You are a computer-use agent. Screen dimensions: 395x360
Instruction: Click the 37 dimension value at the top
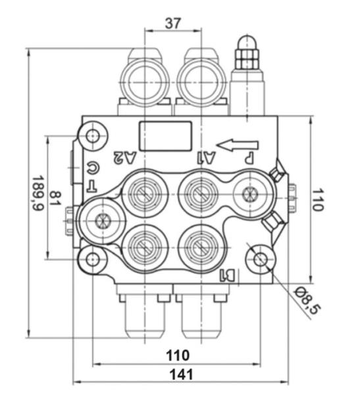[172, 22]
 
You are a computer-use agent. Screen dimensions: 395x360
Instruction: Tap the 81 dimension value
[55, 197]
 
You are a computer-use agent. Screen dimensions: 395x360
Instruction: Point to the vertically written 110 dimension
[318, 198]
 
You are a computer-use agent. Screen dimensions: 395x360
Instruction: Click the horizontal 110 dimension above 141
[177, 355]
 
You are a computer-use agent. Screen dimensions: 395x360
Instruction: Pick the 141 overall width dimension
[180, 375]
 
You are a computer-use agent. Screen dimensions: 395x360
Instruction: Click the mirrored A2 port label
[125, 157]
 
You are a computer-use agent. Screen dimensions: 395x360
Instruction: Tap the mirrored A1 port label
[206, 157]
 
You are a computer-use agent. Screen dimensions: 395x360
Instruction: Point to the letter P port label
[249, 158]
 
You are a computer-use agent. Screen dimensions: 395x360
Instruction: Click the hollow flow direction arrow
[238, 144]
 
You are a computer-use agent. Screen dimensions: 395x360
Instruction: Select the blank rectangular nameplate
[165, 136]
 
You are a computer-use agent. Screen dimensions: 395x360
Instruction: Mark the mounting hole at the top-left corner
[93, 136]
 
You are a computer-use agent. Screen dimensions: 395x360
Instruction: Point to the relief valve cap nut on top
[247, 52]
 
